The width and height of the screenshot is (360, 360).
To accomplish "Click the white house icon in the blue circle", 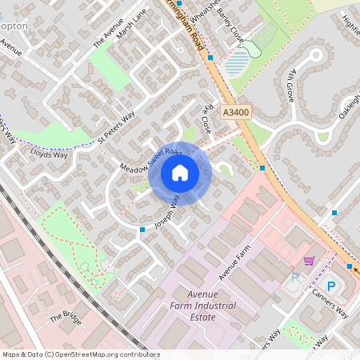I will (x=180, y=173).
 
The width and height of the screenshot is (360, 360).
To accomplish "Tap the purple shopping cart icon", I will (x=309, y=260).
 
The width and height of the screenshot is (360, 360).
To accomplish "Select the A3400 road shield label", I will (x=236, y=114).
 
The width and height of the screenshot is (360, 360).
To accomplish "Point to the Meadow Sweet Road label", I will (x=146, y=156).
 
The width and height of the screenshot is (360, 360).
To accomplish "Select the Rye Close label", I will (x=207, y=119).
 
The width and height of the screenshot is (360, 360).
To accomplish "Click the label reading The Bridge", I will (x=66, y=316).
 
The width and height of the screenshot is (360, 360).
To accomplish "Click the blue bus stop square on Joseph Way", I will (x=142, y=230).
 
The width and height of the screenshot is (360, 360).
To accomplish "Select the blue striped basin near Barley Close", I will (x=237, y=62).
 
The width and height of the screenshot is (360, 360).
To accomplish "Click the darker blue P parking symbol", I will (x=331, y=286).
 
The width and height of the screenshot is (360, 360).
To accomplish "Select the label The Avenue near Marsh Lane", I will (x=105, y=33).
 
